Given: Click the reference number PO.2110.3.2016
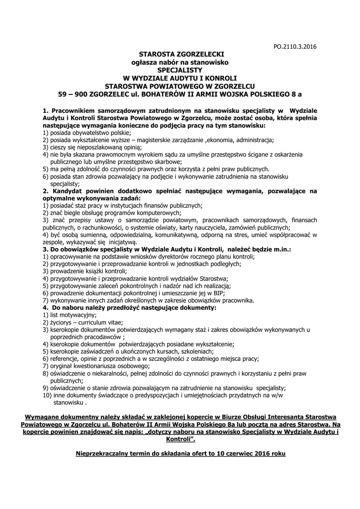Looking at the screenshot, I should [295, 47].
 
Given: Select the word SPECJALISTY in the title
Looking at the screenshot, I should [181, 70].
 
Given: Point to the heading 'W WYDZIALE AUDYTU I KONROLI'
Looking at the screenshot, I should [181, 79].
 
